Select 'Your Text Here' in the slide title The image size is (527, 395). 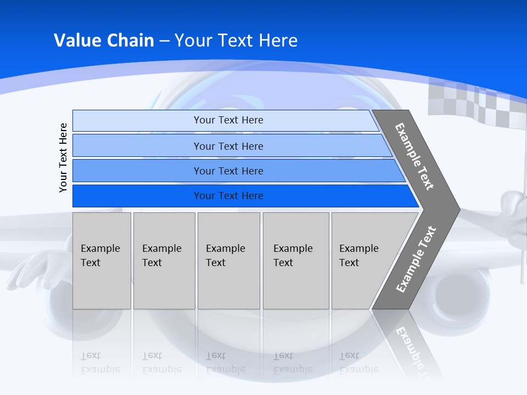tap(236, 41)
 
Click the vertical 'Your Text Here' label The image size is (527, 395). tap(63, 158)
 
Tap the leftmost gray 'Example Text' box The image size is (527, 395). tap(102, 261)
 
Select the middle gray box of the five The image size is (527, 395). tap(228, 261)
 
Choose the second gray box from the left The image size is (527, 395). tap(164, 261)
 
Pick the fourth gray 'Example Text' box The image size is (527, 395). tap(296, 261)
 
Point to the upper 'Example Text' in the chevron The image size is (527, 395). tap(415, 157)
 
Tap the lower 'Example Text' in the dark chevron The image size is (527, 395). tap(416, 259)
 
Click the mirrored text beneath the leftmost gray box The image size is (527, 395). tap(100, 363)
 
